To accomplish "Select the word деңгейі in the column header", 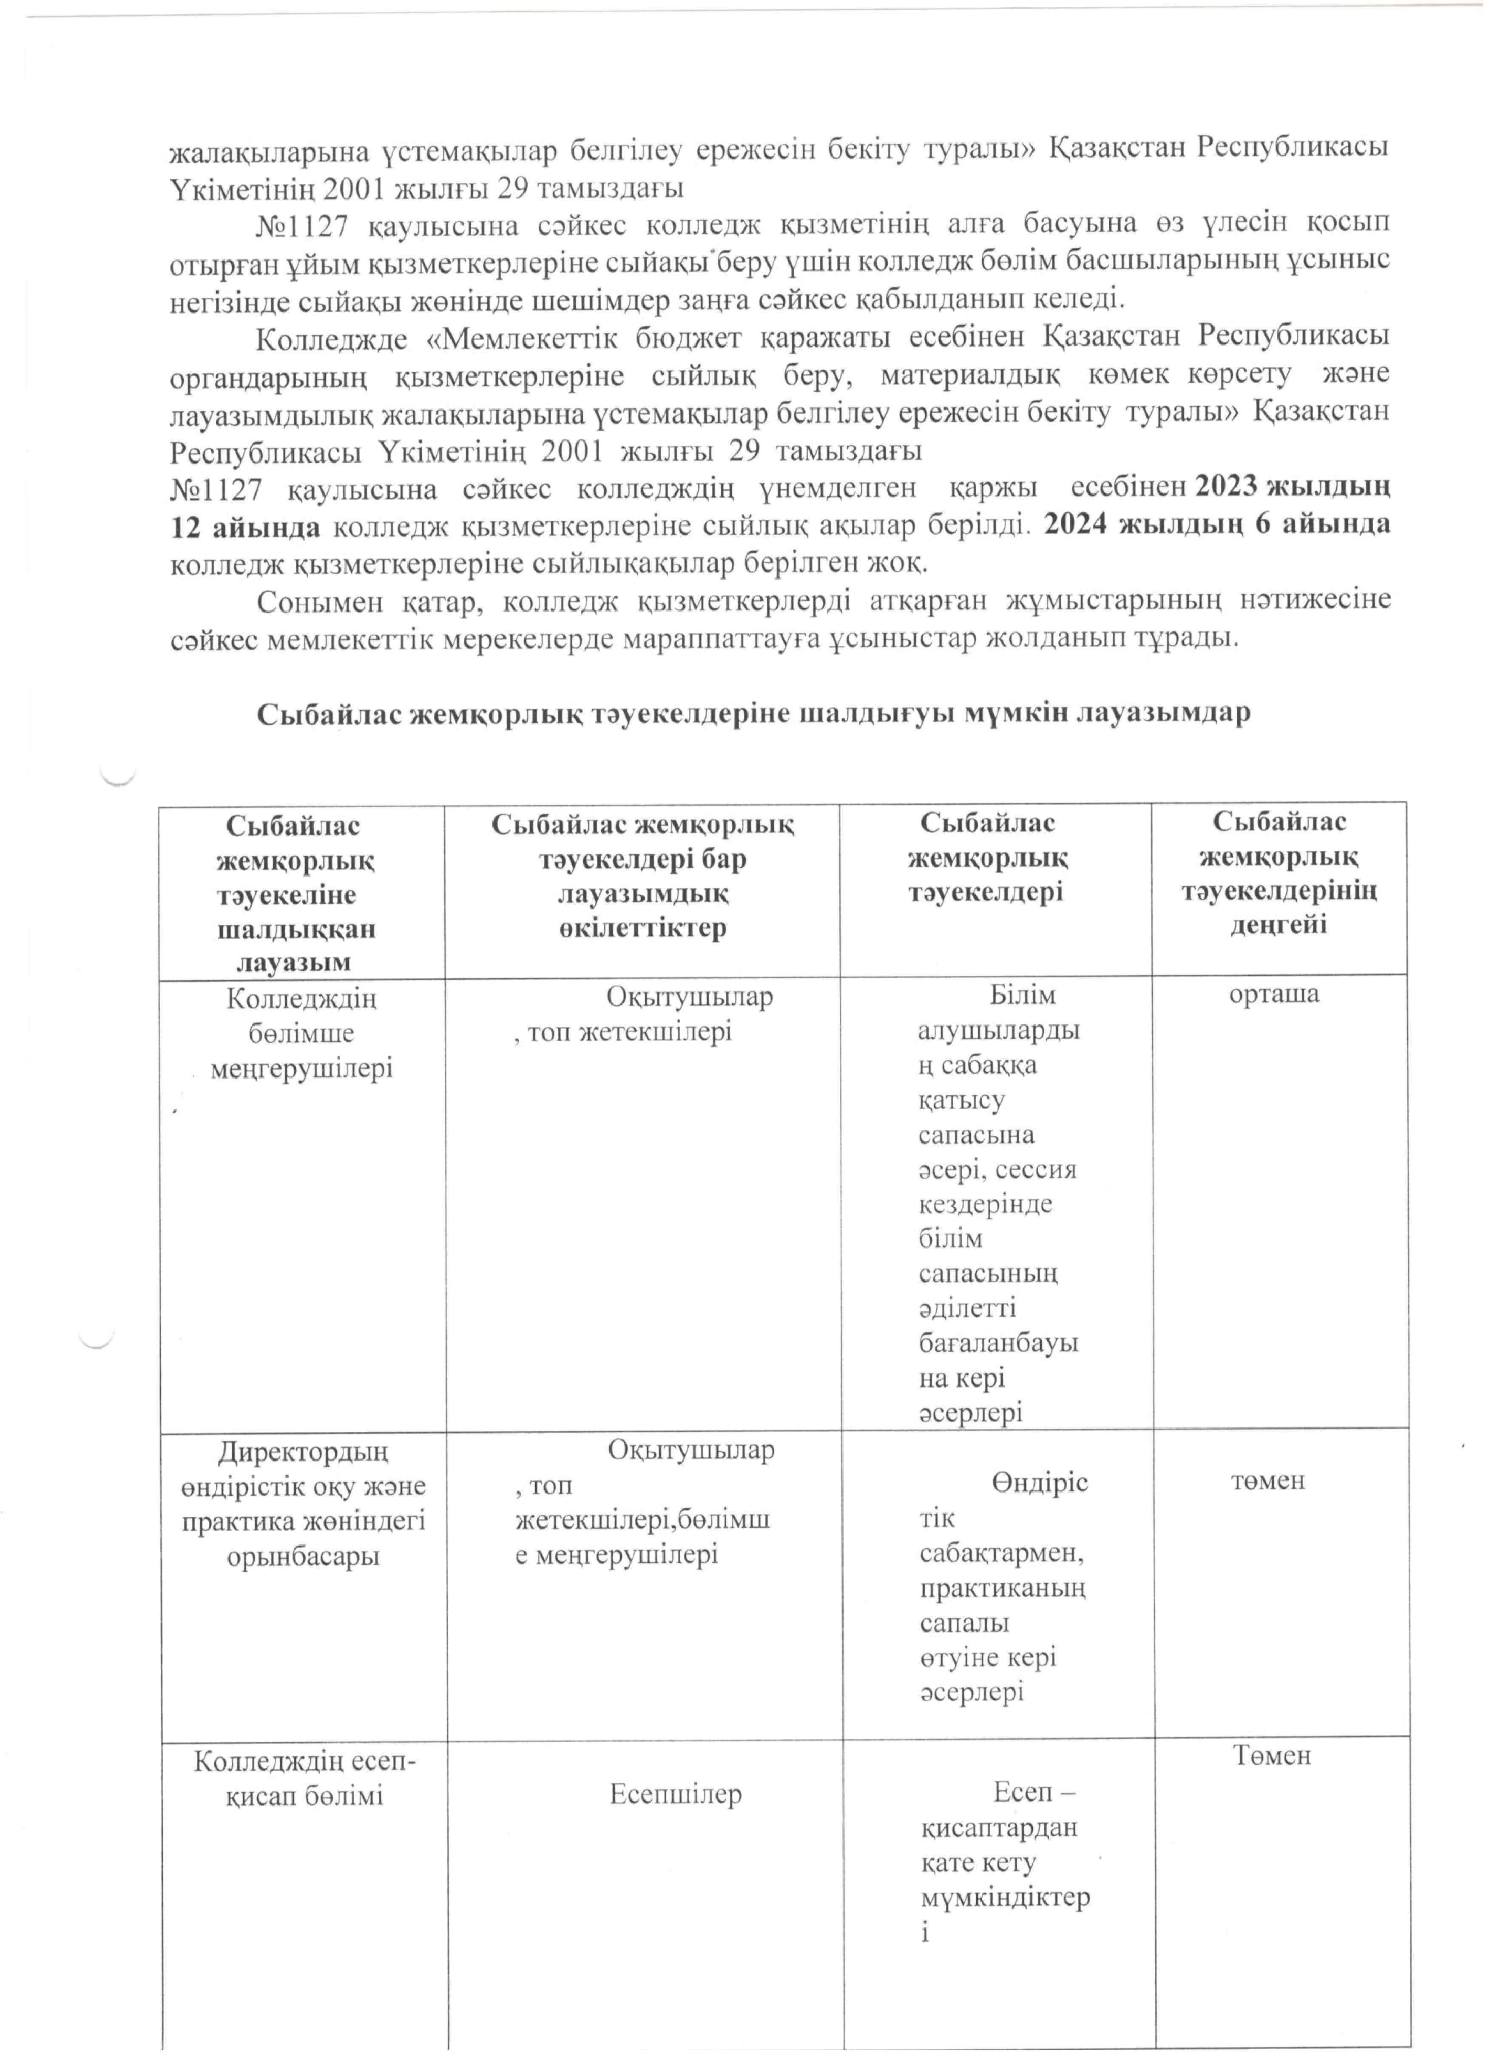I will pyautogui.click(x=1278, y=925).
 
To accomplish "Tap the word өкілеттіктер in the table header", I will pyautogui.click(x=642, y=928).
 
